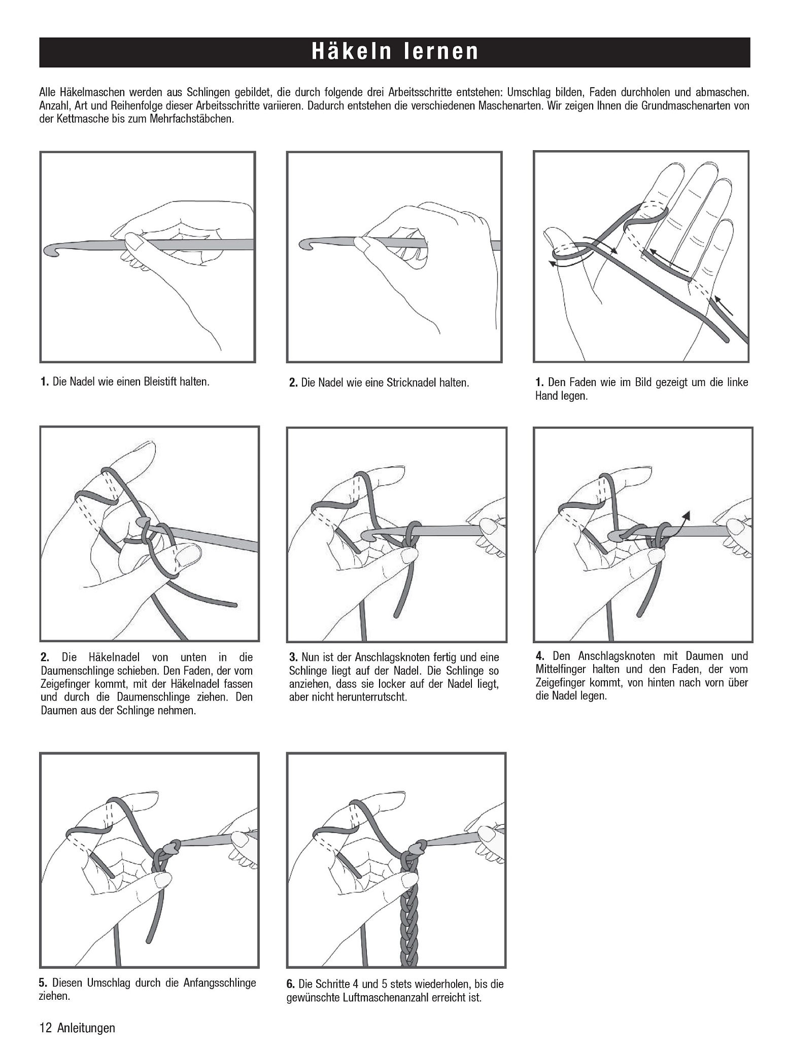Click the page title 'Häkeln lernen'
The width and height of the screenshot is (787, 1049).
(395, 52)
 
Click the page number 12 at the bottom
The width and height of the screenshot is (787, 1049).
(45, 1028)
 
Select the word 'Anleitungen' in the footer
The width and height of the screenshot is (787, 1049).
(86, 1028)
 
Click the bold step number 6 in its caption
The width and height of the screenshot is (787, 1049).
(290, 984)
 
